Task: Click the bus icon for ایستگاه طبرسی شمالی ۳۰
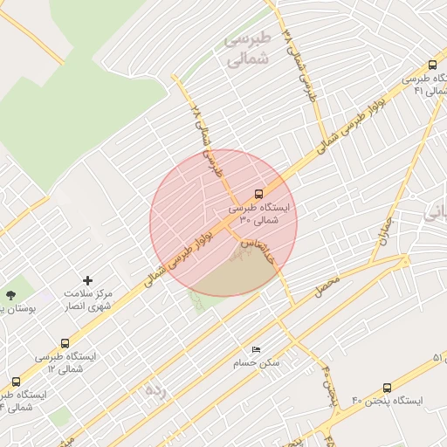(258, 194)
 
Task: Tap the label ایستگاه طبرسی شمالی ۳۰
(262, 215)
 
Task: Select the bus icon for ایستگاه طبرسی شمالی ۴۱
(433, 65)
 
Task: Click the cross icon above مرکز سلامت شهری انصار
(87, 280)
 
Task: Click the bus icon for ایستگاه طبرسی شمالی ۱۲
(65, 344)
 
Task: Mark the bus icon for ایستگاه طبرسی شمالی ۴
(16, 382)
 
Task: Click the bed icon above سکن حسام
(256, 349)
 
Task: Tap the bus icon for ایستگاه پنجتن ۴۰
(388, 388)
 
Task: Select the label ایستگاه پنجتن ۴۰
(388, 401)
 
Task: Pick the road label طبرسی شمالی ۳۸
(297, 66)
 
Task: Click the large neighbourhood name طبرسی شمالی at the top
(249, 51)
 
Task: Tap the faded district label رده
(155, 390)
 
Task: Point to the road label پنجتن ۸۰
(327, 382)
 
